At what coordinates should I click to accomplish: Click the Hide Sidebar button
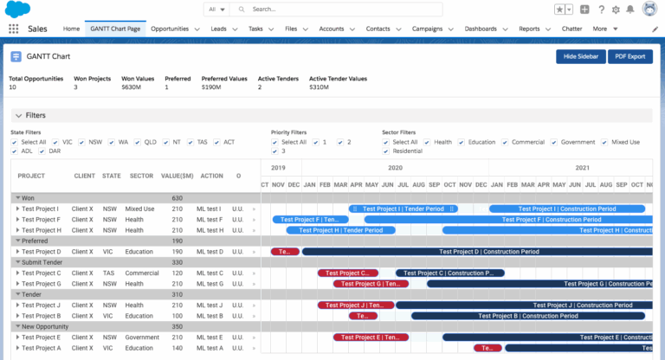(579, 56)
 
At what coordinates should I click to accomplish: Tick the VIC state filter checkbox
(56, 142)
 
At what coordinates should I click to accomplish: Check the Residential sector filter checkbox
(386, 151)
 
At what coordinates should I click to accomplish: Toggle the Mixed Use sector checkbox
(604, 142)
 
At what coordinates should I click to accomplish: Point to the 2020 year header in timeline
(395, 168)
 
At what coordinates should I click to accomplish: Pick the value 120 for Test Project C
(177, 273)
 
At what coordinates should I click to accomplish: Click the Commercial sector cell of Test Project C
(142, 273)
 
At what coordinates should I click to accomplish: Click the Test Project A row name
(41, 348)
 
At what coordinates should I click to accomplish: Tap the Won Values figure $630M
(132, 87)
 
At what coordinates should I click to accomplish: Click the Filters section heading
(36, 115)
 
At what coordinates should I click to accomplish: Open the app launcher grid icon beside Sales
(13, 29)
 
